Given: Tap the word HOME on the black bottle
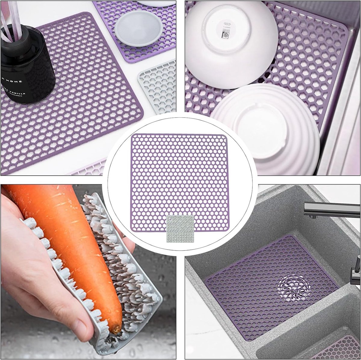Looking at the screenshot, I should (x=16, y=82).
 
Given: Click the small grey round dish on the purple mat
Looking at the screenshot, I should (x=138, y=29).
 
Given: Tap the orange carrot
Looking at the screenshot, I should (x=75, y=241).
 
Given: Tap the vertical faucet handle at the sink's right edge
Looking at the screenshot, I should (x=356, y=269).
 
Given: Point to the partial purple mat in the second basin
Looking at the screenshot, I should (x=340, y=349).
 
